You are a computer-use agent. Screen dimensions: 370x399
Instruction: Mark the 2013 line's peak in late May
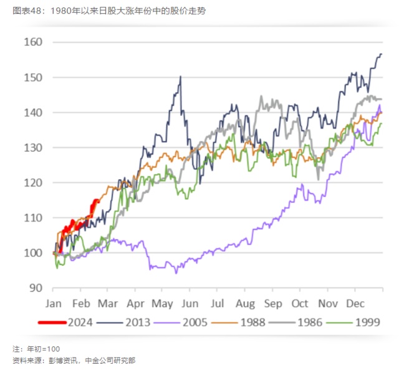tap(180, 77)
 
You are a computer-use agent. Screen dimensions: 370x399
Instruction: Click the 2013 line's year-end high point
tap(380, 55)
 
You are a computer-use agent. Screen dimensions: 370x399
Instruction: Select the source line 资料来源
tap(74, 361)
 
